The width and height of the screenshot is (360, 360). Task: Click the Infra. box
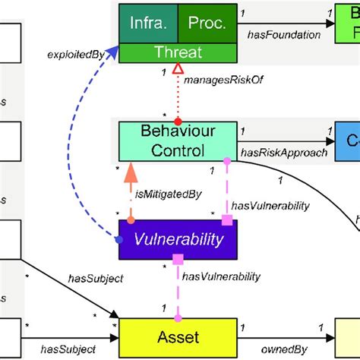147,24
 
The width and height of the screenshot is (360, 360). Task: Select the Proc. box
207,24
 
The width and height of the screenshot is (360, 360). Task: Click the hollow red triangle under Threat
178,69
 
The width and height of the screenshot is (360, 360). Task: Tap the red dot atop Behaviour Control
178,122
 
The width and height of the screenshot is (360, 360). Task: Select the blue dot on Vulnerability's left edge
119,240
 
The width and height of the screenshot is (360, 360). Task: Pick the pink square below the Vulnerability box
177,260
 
